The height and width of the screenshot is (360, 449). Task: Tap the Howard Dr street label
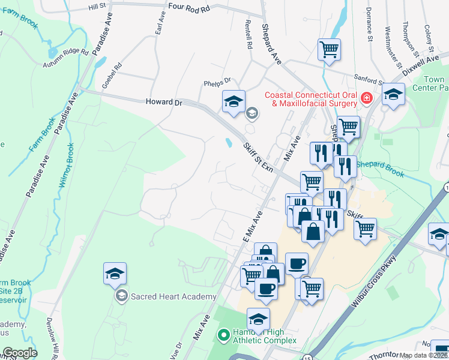point(163,103)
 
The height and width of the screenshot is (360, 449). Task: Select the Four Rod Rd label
point(190,8)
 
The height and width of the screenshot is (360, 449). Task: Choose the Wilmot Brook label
point(65,166)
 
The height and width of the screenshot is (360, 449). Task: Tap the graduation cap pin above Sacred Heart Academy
point(115,274)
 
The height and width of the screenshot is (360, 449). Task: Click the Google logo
point(19,353)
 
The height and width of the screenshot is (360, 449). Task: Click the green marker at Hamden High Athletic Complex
point(224,334)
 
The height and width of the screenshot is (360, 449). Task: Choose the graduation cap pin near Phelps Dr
point(234,101)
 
